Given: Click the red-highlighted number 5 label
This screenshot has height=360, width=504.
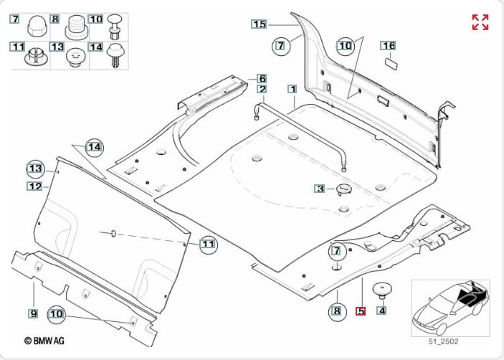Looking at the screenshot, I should click(x=361, y=312).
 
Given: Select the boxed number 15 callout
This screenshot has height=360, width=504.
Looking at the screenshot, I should click(x=259, y=24).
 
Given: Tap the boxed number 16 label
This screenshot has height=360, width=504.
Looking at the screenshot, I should click(x=388, y=45).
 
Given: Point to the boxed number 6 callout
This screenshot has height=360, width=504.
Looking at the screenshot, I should click(x=262, y=78).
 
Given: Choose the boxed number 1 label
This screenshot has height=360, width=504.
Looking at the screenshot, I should click(x=292, y=90).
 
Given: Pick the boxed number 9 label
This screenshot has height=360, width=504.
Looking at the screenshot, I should click(x=33, y=313).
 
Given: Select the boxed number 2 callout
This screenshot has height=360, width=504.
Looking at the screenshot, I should click(x=262, y=90).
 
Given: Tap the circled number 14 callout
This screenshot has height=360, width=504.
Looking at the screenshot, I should click(x=95, y=147).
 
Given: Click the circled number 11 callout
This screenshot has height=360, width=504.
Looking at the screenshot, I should click(x=207, y=245).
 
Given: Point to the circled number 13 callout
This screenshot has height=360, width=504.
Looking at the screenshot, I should click(x=35, y=168).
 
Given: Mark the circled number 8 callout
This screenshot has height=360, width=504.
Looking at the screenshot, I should click(x=336, y=311).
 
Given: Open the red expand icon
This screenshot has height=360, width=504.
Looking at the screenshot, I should click(x=480, y=22).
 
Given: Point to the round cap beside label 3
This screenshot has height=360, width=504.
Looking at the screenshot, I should click(x=343, y=189).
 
